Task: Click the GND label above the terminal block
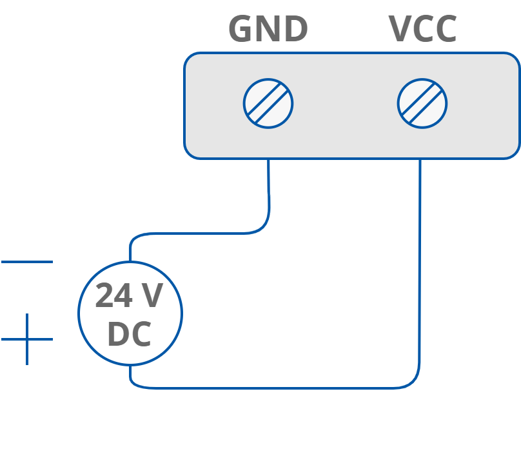click(x=268, y=30)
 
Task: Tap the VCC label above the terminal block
click(x=422, y=30)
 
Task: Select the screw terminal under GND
click(x=268, y=103)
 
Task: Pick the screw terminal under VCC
click(x=422, y=103)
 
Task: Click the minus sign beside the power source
click(x=27, y=262)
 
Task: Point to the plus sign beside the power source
click(x=27, y=339)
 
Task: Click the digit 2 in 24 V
click(x=105, y=296)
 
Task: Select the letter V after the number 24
click(x=152, y=296)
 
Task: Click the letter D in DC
click(x=118, y=335)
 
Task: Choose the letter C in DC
click(x=141, y=335)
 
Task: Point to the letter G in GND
click(x=241, y=30)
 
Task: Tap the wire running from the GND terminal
click(x=268, y=194)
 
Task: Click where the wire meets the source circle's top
click(x=130, y=262)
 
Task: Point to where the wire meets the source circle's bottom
click(x=130, y=365)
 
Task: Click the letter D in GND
click(x=296, y=30)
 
